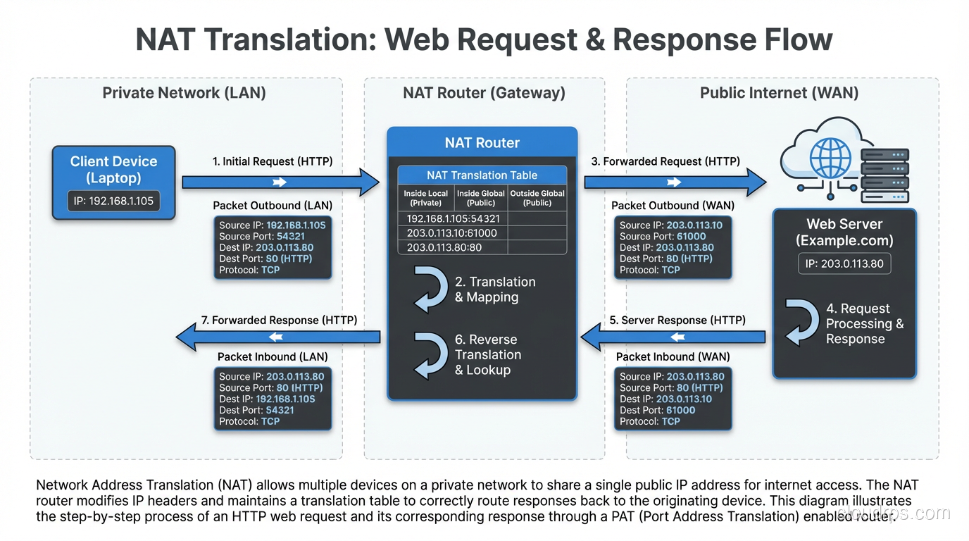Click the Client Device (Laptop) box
pos(114,182)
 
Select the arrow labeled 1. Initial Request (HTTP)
pos(280,182)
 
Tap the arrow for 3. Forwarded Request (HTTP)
pos(675,182)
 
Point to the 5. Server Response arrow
pos(673,337)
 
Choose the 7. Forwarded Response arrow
pos(277,337)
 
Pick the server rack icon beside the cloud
pos(885,175)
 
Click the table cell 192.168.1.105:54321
pos(453,219)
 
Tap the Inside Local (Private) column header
pos(425,198)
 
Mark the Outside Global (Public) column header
pos(537,198)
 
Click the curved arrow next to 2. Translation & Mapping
pos(430,289)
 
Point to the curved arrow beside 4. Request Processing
pos(801,323)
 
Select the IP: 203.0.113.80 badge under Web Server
pos(844,264)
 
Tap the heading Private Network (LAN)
pos(184,93)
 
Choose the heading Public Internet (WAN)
pos(779,93)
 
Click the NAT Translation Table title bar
pos(482,175)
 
